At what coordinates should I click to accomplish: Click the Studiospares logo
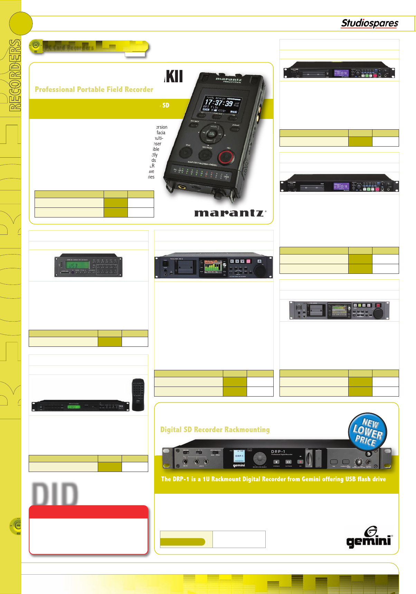(x=369, y=23)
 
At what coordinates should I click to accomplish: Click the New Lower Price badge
(x=367, y=432)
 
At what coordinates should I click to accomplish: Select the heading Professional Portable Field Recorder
(x=94, y=90)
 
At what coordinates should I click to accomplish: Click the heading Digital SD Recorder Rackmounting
(x=215, y=429)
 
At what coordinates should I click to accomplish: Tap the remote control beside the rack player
(x=138, y=395)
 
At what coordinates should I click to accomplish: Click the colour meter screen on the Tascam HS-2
(x=212, y=267)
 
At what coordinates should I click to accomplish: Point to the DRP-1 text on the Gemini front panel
(x=278, y=452)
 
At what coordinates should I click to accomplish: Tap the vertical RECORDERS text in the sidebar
(x=15, y=75)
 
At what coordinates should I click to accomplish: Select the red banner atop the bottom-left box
(x=88, y=512)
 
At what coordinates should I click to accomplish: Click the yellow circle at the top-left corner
(x=20, y=24)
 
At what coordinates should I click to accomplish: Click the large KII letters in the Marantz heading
(x=174, y=76)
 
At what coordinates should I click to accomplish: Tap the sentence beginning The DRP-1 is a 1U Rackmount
(x=273, y=479)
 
